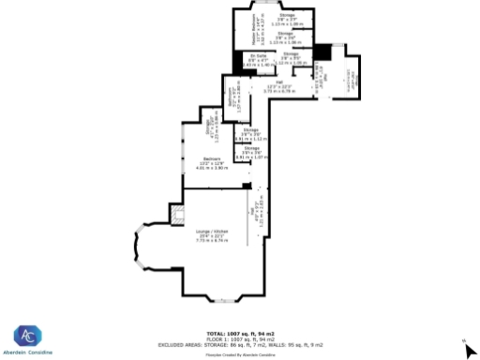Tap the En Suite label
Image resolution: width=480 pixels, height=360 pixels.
pyautogui.click(x=257, y=59)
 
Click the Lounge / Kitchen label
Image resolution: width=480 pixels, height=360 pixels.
pyautogui.click(x=213, y=235)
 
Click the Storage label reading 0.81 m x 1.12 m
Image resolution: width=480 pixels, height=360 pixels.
pyautogui.click(x=249, y=136)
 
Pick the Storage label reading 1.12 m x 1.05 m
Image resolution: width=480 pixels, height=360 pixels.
pyautogui.click(x=292, y=58)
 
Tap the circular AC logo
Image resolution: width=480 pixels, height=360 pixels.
pyautogui.click(x=27, y=337)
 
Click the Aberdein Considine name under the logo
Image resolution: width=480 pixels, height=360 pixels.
pyautogui.click(x=27, y=352)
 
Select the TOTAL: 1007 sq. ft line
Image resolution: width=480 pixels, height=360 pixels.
pyautogui.click(x=240, y=334)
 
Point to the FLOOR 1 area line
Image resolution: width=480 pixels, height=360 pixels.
pyautogui.click(x=240, y=338)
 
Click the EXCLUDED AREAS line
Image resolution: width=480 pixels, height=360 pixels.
pyautogui.click(x=240, y=344)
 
